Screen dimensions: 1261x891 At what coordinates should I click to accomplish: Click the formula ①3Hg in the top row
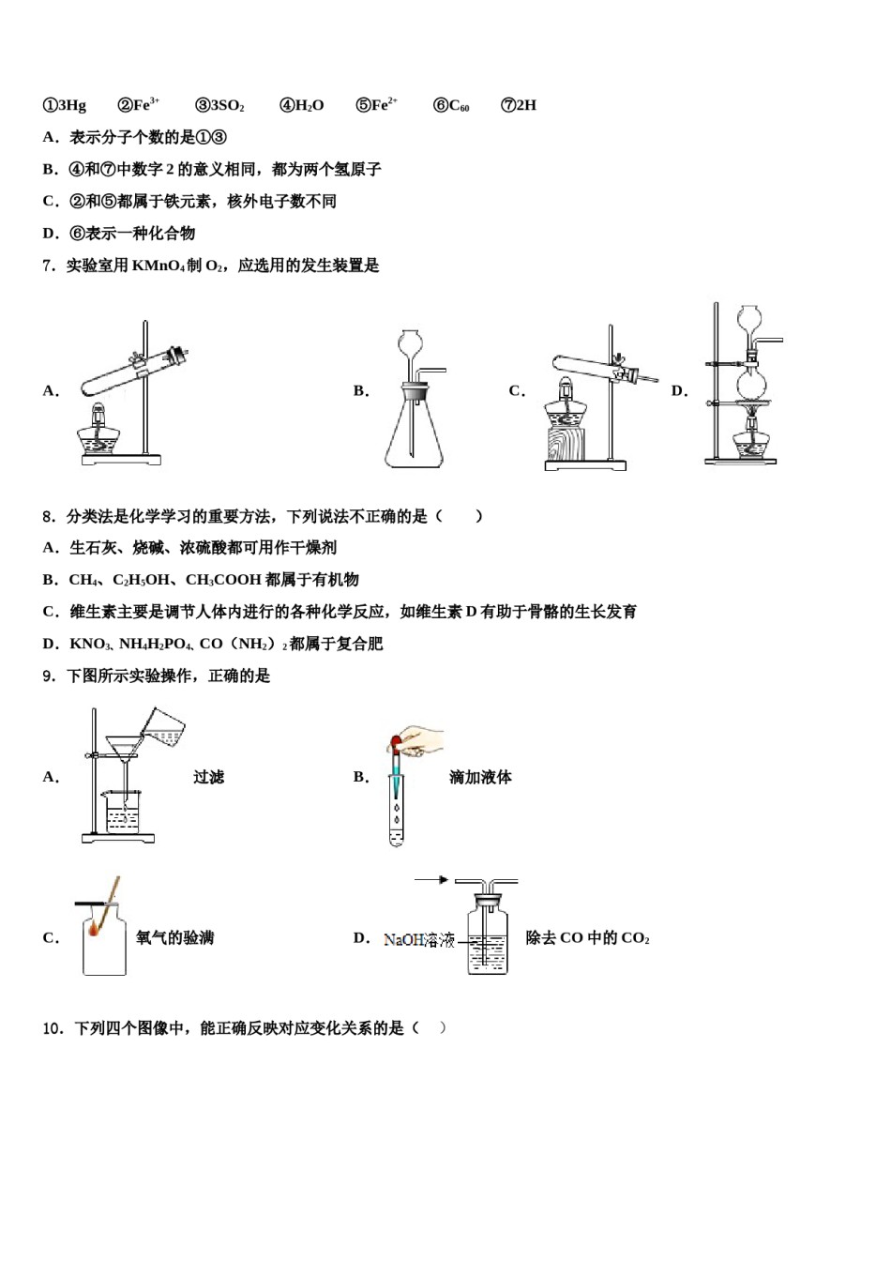click(65, 105)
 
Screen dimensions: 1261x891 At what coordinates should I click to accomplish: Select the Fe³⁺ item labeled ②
click(139, 105)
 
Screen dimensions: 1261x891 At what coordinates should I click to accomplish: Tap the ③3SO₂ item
click(219, 105)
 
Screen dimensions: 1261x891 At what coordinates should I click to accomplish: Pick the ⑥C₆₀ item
click(451, 105)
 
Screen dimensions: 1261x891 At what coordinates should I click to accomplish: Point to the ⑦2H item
click(519, 105)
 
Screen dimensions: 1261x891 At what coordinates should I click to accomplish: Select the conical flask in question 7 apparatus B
click(413, 436)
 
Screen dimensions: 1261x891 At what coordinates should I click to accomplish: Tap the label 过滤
click(208, 777)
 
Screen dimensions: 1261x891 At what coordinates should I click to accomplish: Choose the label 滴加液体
click(480, 777)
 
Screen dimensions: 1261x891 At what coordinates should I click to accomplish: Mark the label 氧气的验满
click(174, 937)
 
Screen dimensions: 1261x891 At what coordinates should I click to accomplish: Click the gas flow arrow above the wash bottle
click(431, 879)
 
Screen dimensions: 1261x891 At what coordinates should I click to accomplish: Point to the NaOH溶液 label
click(418, 939)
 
